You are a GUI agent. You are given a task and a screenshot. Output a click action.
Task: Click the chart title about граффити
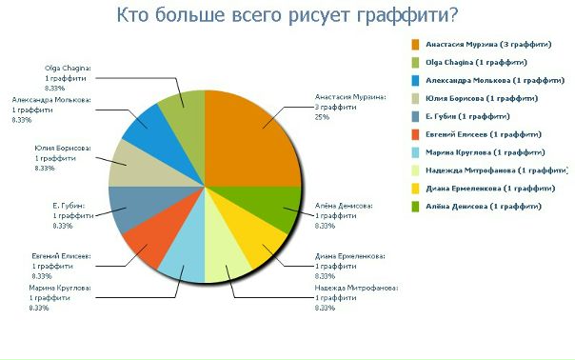click(287, 15)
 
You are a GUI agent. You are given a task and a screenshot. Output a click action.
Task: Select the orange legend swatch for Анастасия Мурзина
click(416, 44)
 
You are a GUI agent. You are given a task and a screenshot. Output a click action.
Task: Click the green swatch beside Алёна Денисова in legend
click(416, 207)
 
